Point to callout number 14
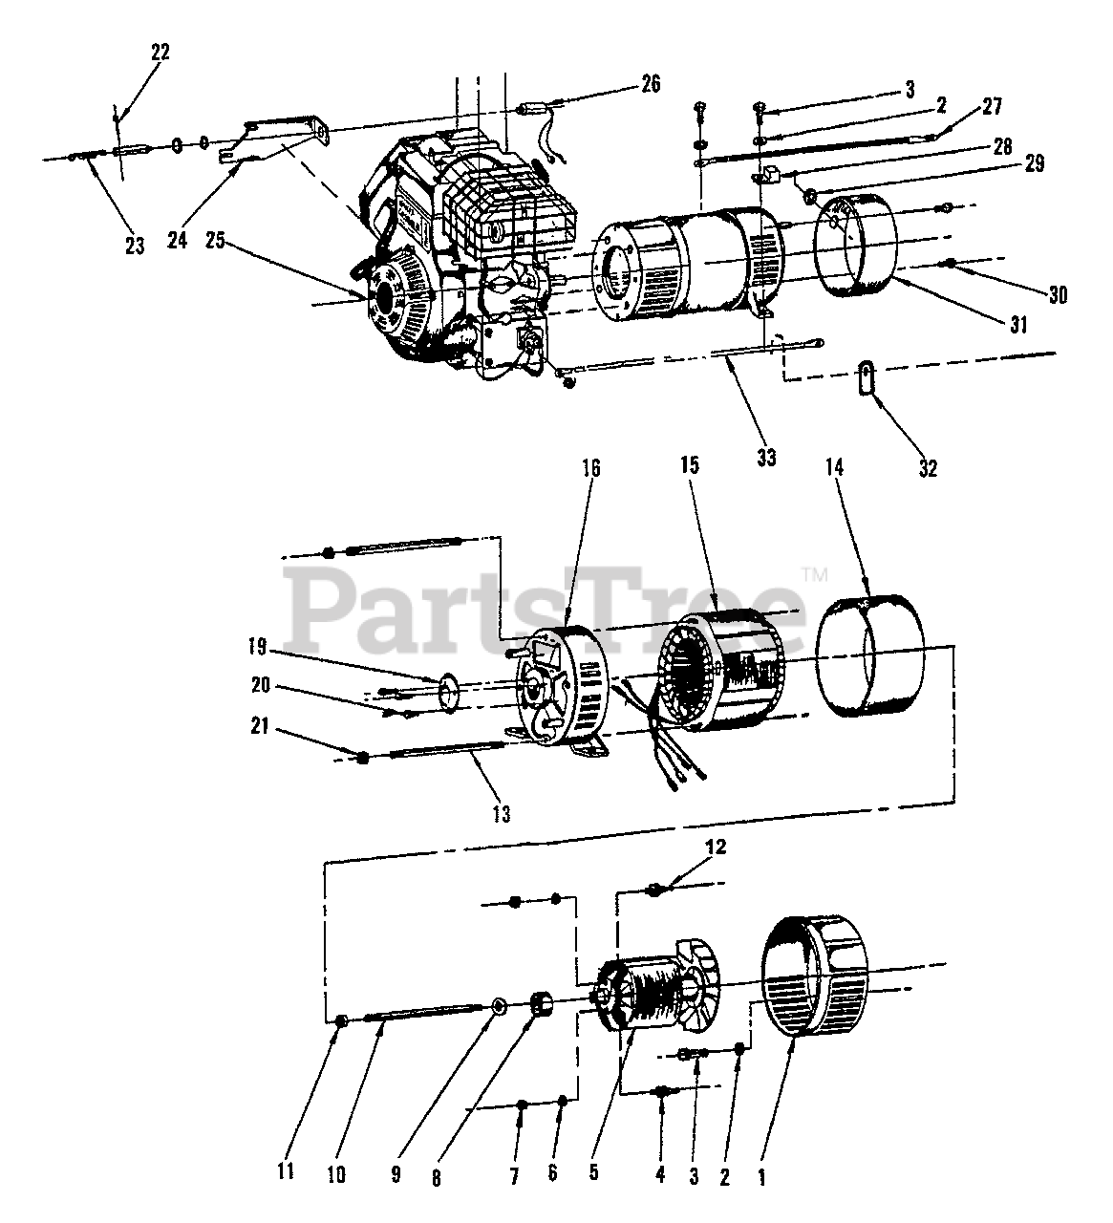tap(835, 466)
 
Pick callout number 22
tap(160, 53)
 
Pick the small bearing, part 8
tap(544, 1007)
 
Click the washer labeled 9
tap(498, 1007)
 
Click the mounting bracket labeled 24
tap(277, 137)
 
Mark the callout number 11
tap(287, 1171)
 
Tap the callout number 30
tap(1057, 296)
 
